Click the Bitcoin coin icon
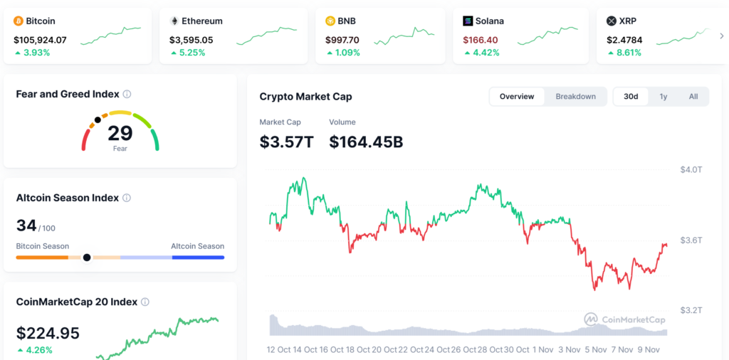(19, 21)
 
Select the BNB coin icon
(330, 21)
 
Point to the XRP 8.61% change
(627, 53)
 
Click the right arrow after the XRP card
(722, 36)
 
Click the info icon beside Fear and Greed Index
(127, 94)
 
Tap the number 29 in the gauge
(120, 133)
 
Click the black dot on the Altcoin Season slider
(87, 257)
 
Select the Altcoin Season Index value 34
(26, 226)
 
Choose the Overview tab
(517, 97)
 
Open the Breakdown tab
(575, 97)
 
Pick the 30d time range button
(631, 97)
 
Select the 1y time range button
(664, 97)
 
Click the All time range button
(693, 97)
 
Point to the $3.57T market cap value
(286, 142)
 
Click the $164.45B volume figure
(366, 142)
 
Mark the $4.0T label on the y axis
(691, 169)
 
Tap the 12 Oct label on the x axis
(278, 350)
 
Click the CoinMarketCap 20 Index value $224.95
(48, 333)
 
